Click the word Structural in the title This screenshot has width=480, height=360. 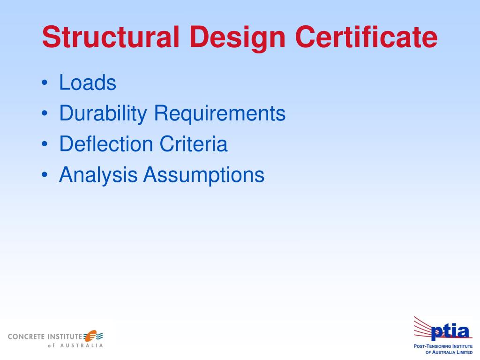coord(111,37)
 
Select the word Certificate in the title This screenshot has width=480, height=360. coord(367,37)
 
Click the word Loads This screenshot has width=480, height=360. coord(88,83)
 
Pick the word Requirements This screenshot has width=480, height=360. coord(220,114)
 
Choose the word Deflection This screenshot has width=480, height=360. coord(106,144)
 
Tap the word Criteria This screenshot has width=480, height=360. coord(193,144)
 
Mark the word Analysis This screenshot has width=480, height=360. coord(98,175)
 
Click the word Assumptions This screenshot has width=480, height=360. coord(204,175)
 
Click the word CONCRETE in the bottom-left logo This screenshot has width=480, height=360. coord(26,337)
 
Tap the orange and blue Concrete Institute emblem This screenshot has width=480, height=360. coord(93,336)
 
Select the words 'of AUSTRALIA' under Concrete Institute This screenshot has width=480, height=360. coord(75,346)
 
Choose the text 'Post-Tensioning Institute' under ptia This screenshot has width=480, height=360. coord(442,346)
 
